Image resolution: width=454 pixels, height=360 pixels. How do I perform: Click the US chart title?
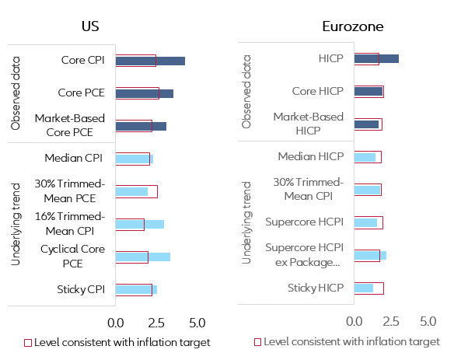90,26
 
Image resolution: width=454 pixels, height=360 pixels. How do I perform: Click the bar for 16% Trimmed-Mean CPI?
139,224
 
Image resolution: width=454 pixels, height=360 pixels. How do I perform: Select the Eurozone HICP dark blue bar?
376,58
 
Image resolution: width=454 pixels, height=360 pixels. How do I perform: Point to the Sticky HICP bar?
364,288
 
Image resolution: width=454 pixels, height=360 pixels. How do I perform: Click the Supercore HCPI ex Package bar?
370,255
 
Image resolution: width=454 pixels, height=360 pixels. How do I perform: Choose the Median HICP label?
310,157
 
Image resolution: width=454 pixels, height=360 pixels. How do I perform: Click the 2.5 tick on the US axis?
155,322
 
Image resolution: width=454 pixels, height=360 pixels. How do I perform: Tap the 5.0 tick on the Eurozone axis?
428,320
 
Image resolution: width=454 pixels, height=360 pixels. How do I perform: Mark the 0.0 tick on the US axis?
116,322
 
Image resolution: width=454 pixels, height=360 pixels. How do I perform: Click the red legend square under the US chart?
27,342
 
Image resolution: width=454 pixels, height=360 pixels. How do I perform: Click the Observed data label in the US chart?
15,91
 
